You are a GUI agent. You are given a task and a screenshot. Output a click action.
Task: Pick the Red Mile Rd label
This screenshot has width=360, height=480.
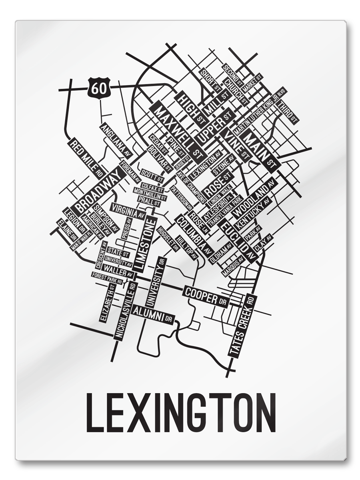pos(86,158)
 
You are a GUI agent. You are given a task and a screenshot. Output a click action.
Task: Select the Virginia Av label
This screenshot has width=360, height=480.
pos(128,210)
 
